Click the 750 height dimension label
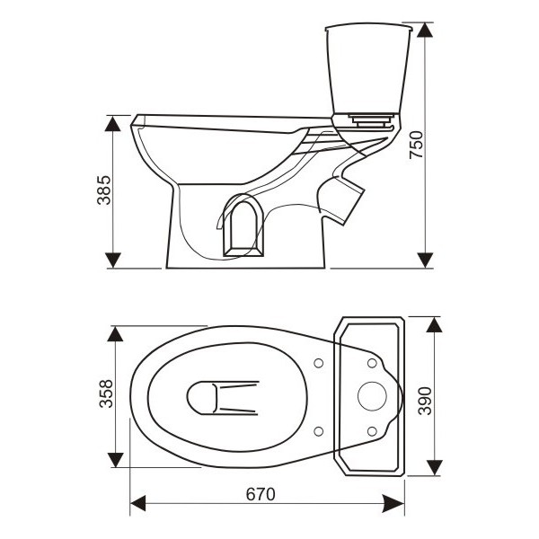point(416,145)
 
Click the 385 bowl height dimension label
point(104,190)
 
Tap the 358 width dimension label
point(106,394)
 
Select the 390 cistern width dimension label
point(425,401)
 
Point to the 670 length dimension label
point(261,494)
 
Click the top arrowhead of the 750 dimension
point(425,31)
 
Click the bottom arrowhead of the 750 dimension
point(425,260)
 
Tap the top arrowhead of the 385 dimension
point(113,123)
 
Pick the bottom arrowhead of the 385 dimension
point(113,260)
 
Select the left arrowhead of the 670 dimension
point(138,503)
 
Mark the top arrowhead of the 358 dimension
point(115,334)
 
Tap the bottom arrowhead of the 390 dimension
point(434,468)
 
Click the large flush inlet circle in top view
point(372,396)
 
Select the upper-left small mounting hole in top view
point(319,363)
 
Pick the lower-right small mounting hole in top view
point(372,431)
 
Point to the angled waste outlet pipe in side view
point(340,199)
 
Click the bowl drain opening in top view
point(223,398)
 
